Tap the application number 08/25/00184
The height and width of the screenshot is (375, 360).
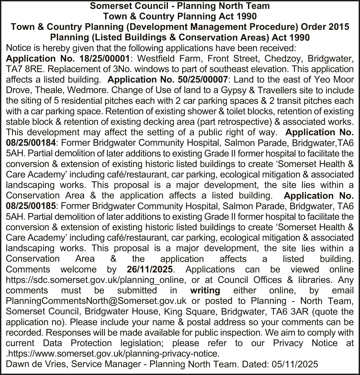click(31, 143)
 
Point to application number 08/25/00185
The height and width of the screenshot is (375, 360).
click(31, 206)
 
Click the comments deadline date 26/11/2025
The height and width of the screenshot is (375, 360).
click(150, 270)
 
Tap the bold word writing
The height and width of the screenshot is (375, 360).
click(205, 291)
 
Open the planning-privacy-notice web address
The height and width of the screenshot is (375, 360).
click(113, 354)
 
